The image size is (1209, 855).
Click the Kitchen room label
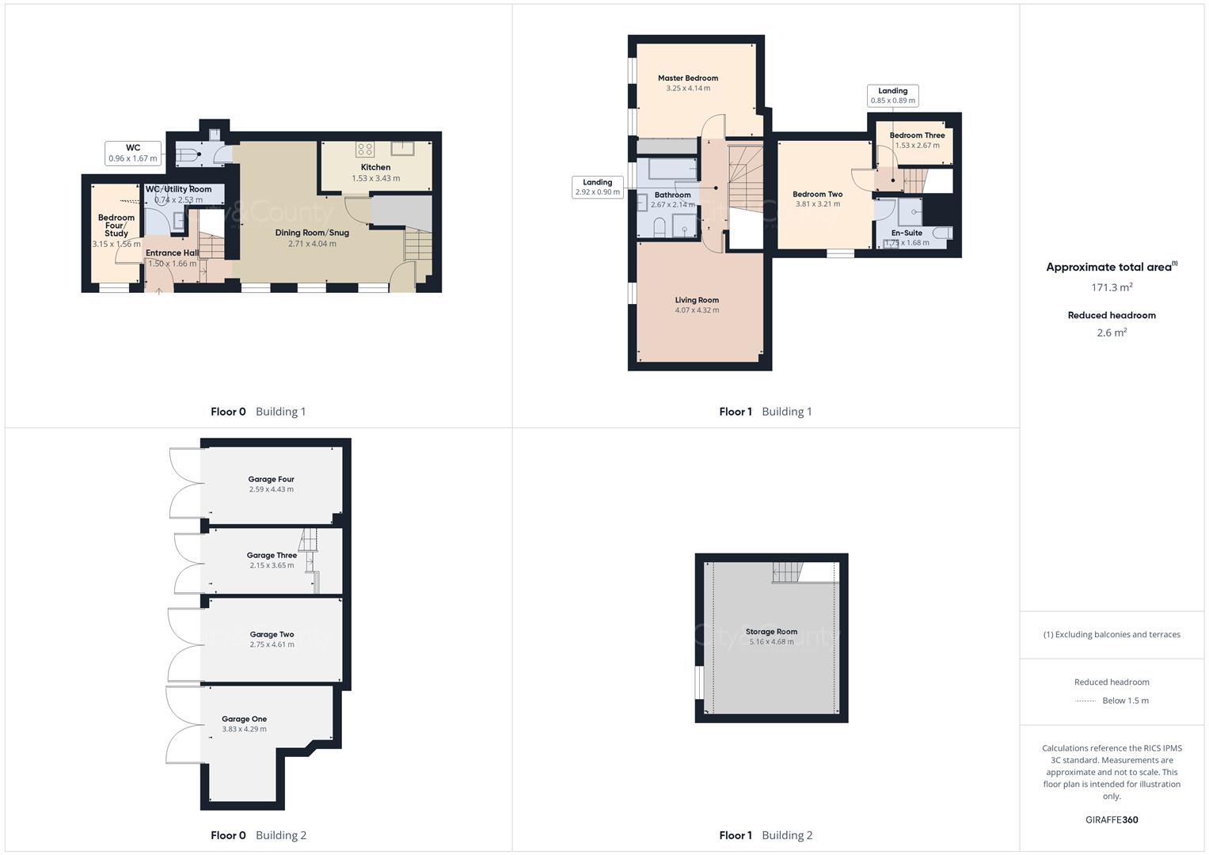point(375,167)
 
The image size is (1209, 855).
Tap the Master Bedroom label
point(688,78)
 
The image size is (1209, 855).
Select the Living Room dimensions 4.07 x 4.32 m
point(697,310)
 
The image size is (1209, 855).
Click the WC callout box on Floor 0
point(133,153)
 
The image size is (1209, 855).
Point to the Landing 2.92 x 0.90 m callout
point(597,187)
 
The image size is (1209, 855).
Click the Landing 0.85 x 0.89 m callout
point(892,96)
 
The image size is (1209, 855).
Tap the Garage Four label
point(271,479)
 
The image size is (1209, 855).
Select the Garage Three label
point(272,555)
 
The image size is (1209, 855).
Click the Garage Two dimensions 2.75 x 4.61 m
point(272,644)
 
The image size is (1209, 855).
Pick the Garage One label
point(244,719)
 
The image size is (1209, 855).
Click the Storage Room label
point(771,632)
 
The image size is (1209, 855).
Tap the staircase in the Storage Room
point(787,572)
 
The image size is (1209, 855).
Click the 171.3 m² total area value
point(1112,287)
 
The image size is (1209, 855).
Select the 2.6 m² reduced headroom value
point(1112,332)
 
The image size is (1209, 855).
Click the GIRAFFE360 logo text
point(1112,819)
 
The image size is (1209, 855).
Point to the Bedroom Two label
point(817,194)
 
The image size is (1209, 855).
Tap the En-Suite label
point(907,233)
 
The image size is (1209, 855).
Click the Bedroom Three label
point(917,135)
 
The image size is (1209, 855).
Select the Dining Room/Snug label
point(312,233)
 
